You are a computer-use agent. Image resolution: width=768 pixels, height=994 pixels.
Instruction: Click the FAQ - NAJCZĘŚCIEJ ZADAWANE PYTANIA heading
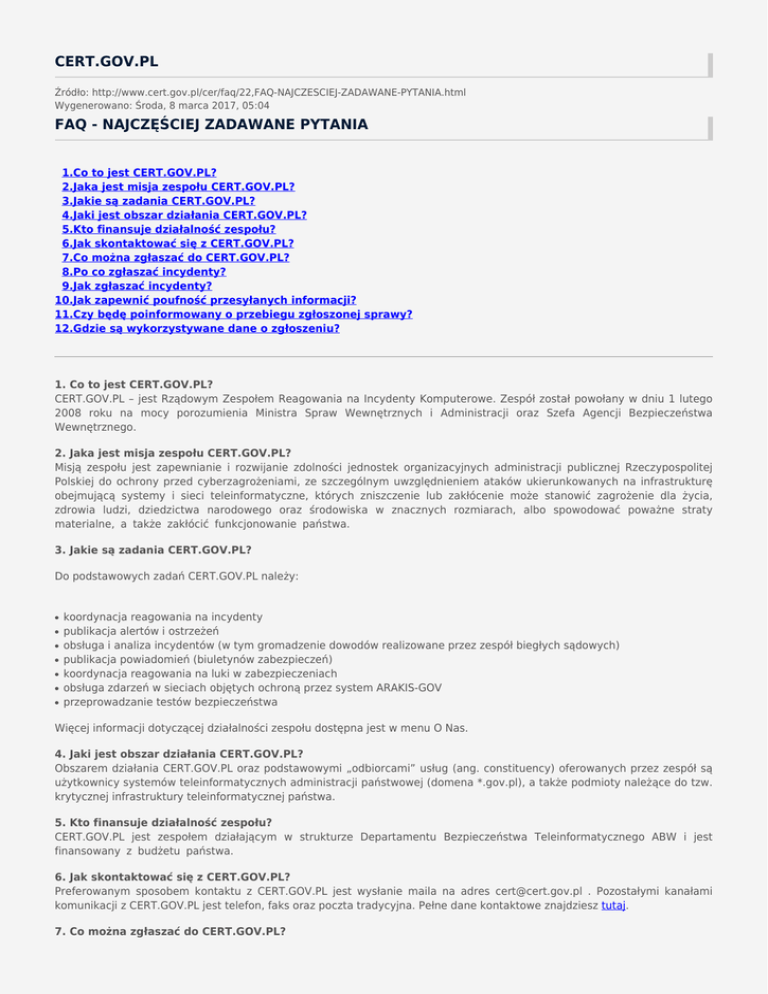[x=197, y=125]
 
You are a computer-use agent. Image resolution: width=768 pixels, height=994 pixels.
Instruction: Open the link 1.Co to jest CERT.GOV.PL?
[x=139, y=173]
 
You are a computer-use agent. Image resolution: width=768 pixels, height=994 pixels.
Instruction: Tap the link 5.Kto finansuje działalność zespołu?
[x=168, y=228]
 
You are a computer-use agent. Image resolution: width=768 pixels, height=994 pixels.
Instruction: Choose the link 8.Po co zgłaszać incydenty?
[x=143, y=270]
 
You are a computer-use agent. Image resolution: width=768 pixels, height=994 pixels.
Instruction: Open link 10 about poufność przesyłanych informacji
[x=206, y=298]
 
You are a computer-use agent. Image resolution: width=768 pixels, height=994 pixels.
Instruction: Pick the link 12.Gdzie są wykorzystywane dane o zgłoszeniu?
[x=197, y=326]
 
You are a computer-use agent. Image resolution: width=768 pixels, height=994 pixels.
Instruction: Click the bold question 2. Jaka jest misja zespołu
[x=180, y=452]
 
